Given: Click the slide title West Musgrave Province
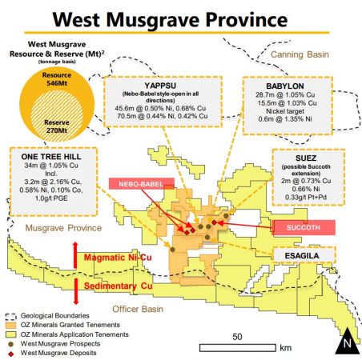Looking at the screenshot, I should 182,17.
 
